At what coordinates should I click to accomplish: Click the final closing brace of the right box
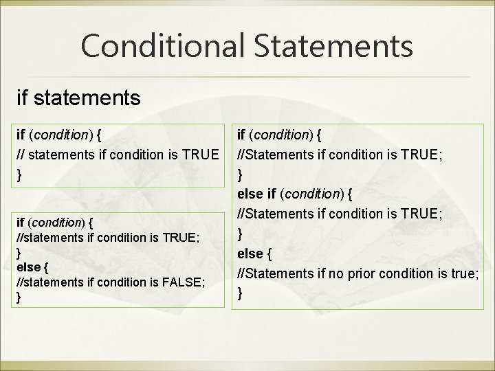click(240, 293)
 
